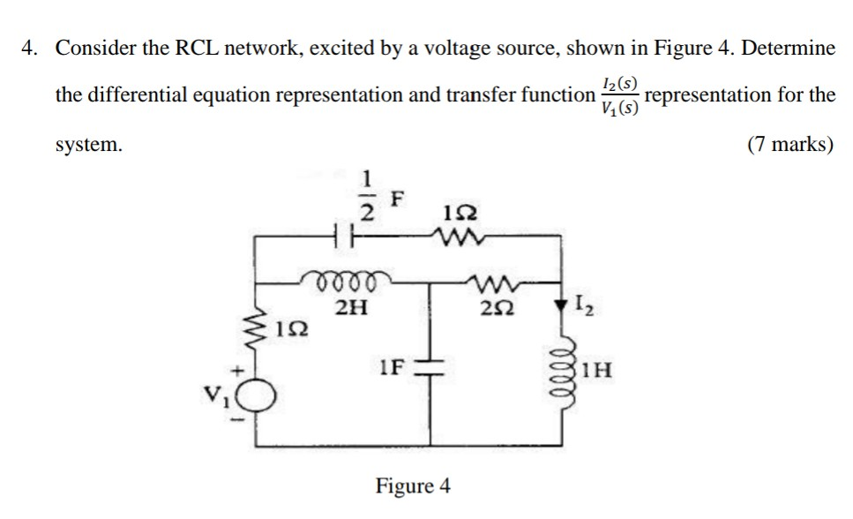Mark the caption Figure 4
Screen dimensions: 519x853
click(413, 485)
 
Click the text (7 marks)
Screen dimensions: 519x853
click(789, 145)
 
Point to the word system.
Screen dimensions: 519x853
click(89, 145)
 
